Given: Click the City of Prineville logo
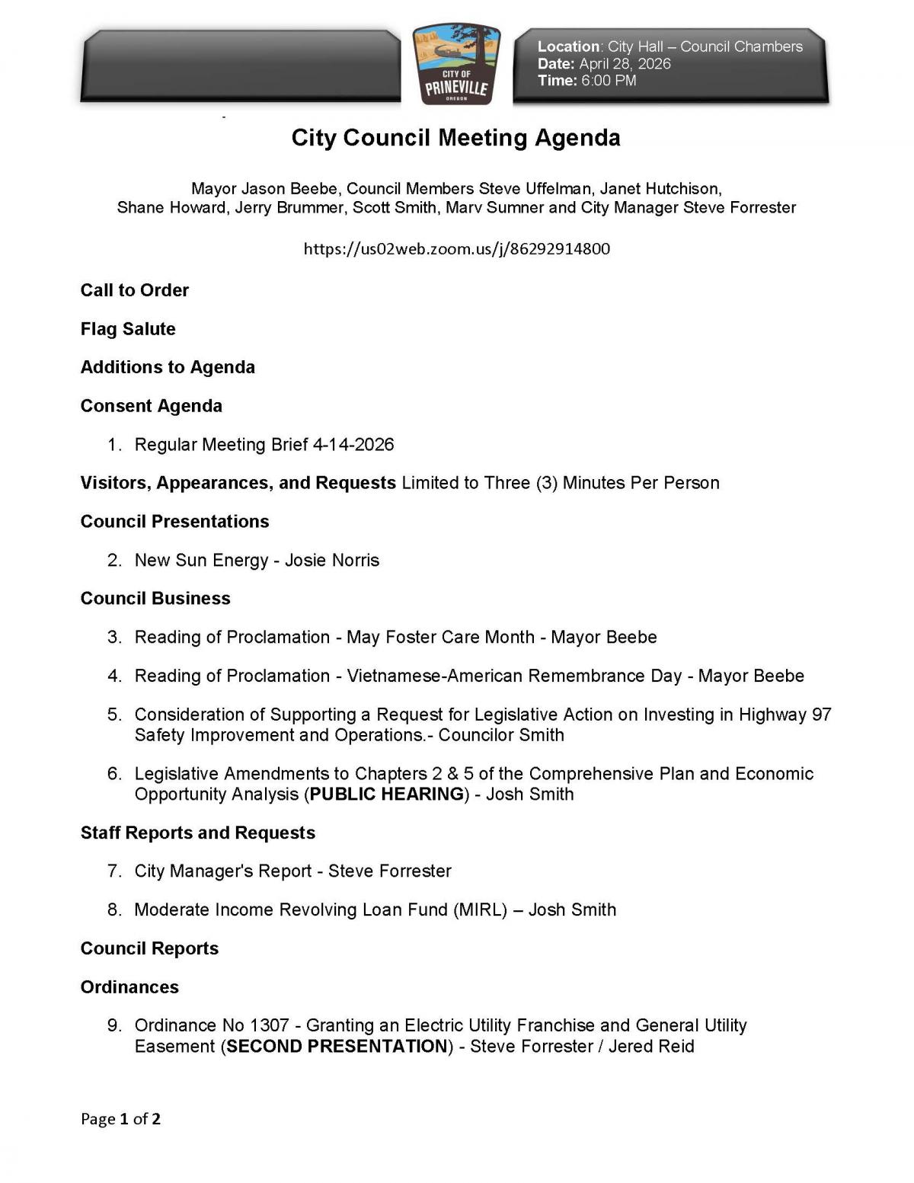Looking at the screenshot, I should point(456,64).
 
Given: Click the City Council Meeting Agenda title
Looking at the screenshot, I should point(455,138).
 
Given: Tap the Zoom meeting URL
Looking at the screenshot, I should point(456,249).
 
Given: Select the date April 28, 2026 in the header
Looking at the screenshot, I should point(624,64).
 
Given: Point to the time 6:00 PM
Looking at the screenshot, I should point(608,81).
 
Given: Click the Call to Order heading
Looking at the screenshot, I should point(135,290).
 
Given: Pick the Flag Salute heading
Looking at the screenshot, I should point(128,329).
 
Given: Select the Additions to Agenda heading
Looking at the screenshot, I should point(168,367).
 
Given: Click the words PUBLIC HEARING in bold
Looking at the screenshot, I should point(387,795).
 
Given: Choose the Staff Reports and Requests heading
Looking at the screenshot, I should point(197,833).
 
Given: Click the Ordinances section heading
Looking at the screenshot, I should point(129,987).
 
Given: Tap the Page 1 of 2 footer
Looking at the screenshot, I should point(120,1119).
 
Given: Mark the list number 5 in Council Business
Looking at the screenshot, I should point(114,715).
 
